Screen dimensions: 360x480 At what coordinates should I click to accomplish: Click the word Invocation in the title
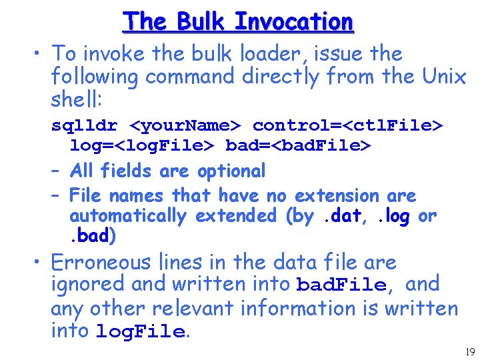point(293,21)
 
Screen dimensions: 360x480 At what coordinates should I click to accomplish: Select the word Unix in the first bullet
point(444,77)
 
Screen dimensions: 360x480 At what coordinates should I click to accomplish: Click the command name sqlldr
point(86,125)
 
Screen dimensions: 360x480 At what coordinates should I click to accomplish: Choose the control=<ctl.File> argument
point(348,125)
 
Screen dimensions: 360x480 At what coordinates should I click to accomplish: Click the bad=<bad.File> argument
point(298,145)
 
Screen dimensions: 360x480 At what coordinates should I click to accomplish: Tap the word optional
point(231,171)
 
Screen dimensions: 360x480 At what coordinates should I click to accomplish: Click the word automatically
point(128,215)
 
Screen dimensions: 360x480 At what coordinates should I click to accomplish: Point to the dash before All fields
point(57,171)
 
